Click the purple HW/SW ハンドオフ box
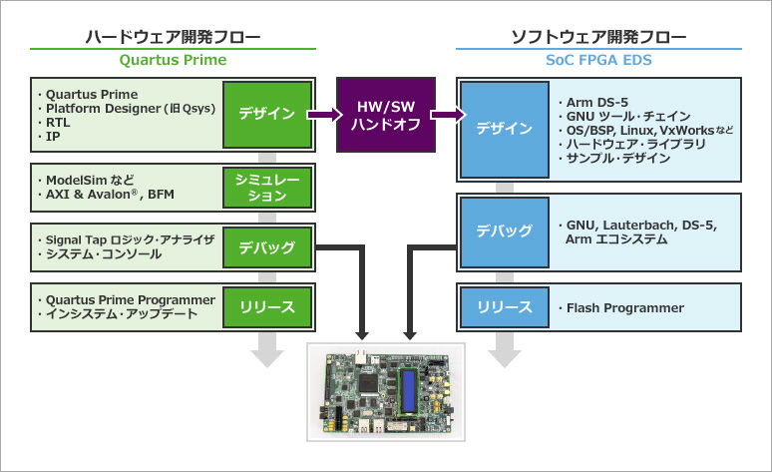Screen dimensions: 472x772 click(x=386, y=115)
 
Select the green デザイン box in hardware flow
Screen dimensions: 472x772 click(x=266, y=114)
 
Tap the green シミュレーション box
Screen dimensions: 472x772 click(x=266, y=188)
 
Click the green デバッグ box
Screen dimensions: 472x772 click(x=266, y=246)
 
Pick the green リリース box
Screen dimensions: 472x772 click(x=266, y=306)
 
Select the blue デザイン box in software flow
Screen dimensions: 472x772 click(x=504, y=129)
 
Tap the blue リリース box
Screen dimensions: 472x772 click(x=504, y=307)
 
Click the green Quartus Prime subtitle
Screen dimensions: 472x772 click(x=174, y=60)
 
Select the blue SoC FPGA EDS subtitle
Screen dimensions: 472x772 click(x=598, y=60)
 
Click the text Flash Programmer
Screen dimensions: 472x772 click(x=624, y=307)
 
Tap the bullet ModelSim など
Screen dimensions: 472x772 click(x=90, y=180)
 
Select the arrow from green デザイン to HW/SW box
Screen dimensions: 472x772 click(x=325, y=115)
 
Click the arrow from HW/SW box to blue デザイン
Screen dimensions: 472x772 click(x=448, y=115)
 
